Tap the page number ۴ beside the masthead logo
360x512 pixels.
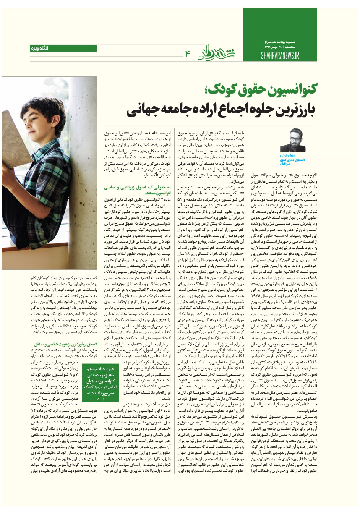coord(188,52)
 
